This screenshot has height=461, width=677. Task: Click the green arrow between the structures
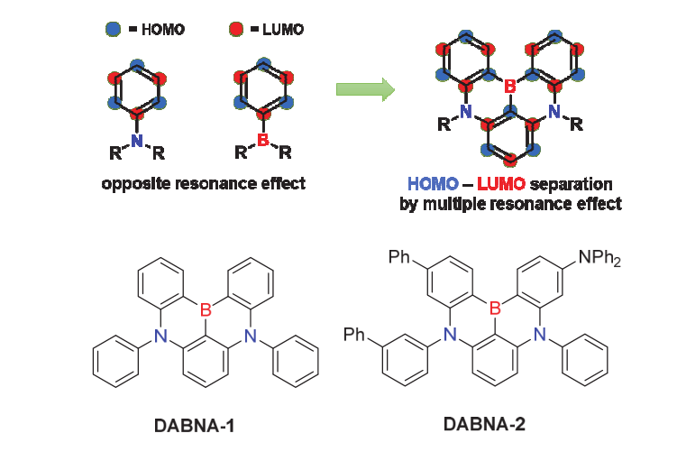(365, 88)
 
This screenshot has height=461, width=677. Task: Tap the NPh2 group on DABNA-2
(599, 260)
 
